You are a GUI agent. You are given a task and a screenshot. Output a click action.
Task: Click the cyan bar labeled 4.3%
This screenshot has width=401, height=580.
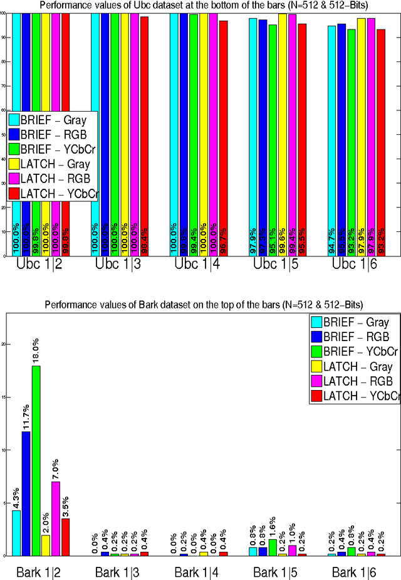(x=16, y=532)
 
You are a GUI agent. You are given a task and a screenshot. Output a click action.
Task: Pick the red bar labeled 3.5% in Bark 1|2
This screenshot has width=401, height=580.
(x=66, y=537)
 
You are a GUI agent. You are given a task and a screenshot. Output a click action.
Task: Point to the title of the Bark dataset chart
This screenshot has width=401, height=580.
(x=204, y=305)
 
